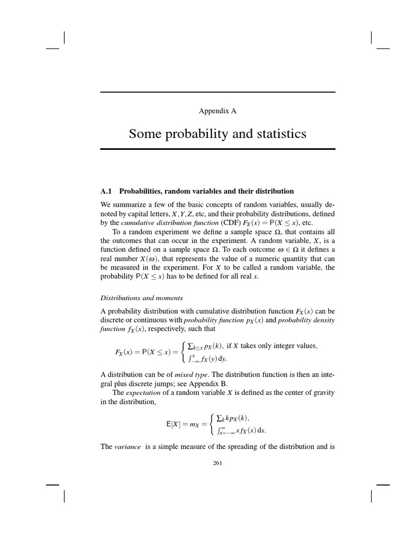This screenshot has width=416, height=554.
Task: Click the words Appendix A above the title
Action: point(218,111)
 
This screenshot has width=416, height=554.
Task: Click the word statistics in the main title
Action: point(276,133)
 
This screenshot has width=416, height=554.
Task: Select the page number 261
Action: point(218,463)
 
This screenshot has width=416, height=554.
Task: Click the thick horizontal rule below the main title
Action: point(218,149)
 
